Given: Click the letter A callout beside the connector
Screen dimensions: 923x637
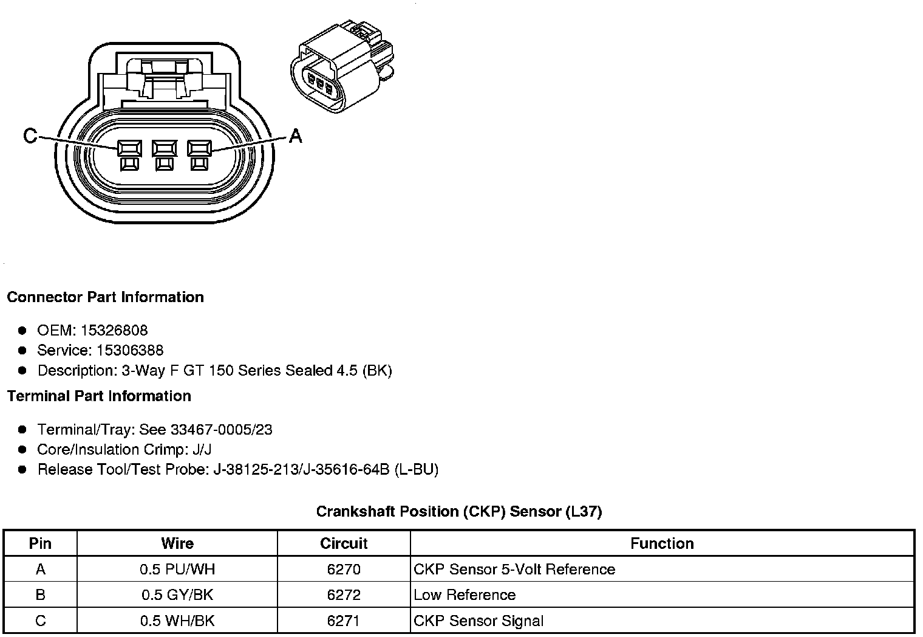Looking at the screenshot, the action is pyautogui.click(x=295, y=136).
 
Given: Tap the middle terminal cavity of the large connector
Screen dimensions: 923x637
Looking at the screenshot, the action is pyautogui.click(x=165, y=149).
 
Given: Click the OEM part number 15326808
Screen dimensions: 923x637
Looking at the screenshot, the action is pyautogui.click(x=114, y=331).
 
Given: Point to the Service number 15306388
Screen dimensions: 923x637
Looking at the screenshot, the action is pyautogui.click(x=129, y=351).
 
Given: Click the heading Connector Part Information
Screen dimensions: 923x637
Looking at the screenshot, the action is pyautogui.click(x=105, y=297).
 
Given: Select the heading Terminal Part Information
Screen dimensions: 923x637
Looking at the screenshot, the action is pyautogui.click(x=99, y=396).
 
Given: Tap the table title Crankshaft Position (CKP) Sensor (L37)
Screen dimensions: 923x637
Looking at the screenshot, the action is pyautogui.click(x=458, y=512).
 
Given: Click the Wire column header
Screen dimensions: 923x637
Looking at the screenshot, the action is pyautogui.click(x=177, y=543).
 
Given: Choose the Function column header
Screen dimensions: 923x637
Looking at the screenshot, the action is pyautogui.click(x=662, y=543).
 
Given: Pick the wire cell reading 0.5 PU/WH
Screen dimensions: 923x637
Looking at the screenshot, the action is pyautogui.click(x=177, y=570).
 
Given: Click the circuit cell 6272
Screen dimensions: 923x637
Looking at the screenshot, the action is pyautogui.click(x=344, y=595).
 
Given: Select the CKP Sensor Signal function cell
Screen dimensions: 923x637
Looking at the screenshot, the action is pyautogui.click(x=479, y=621).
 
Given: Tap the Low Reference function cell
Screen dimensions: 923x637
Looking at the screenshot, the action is pyautogui.click(x=465, y=595).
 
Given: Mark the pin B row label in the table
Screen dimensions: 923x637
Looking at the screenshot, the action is pyautogui.click(x=40, y=595).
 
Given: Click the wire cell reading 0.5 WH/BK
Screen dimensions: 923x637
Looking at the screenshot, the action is pyautogui.click(x=177, y=621).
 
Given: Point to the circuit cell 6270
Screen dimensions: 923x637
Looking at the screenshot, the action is pyautogui.click(x=344, y=570).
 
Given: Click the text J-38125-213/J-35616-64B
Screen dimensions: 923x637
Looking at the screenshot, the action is pyautogui.click(x=301, y=470).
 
